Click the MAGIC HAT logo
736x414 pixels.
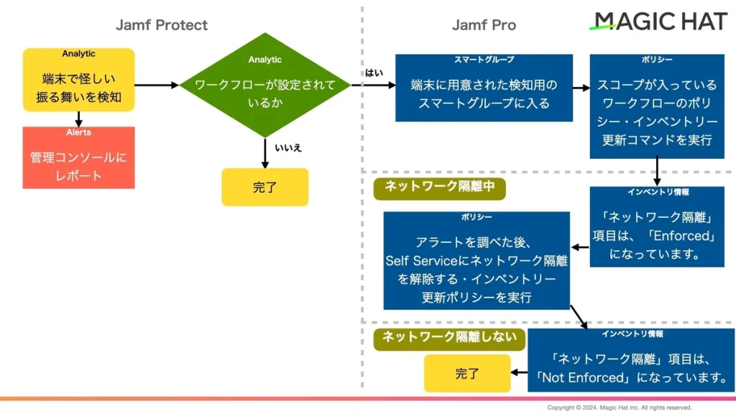tap(658, 21)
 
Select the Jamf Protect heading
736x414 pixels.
tap(162, 25)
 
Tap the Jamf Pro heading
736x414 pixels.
tap(484, 25)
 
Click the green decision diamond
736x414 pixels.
tap(265, 85)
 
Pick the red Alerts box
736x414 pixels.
tap(79, 157)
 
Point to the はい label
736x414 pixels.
tap(374, 73)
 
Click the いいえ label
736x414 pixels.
tap(288, 148)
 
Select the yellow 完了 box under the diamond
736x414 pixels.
tap(265, 188)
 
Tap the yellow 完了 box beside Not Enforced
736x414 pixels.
tap(467, 373)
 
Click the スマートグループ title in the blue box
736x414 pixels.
tap(484, 60)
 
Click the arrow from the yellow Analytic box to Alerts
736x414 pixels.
tap(79, 119)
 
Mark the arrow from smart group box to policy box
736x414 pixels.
tap(581, 88)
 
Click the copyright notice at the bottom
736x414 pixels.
tap(619, 408)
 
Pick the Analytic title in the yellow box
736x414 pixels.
tap(78, 54)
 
